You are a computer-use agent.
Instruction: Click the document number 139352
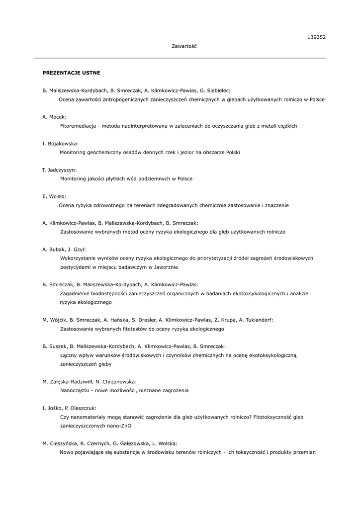pyautogui.click(x=316, y=37)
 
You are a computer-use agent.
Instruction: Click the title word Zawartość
pyautogui.click(x=184, y=46)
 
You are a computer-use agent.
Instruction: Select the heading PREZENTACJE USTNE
pyautogui.click(x=71, y=73)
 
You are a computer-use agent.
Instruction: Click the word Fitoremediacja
pyautogui.click(x=78, y=126)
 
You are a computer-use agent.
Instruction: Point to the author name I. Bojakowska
pyautogui.click(x=60, y=144)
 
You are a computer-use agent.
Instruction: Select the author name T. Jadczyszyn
pyautogui.click(x=59, y=170)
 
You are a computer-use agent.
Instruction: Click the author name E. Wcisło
pyautogui.click(x=54, y=196)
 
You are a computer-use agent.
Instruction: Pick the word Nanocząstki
pyautogui.click(x=75, y=391)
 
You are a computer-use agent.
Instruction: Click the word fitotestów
pyautogui.click(x=129, y=329)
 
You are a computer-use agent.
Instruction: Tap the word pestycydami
pyautogui.click(x=75, y=267)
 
